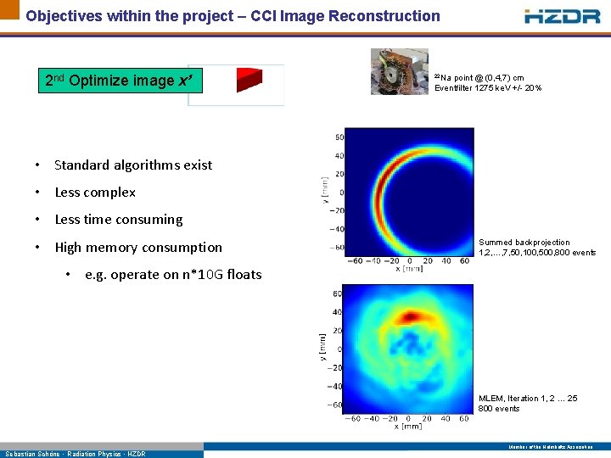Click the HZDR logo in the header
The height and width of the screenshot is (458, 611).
pyautogui.click(x=563, y=16)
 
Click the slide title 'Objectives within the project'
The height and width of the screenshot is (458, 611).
pyautogui.click(x=233, y=16)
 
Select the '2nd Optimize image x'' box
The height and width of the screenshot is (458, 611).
pyautogui.click(x=121, y=81)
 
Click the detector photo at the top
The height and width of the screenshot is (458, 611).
pyautogui.click(x=399, y=71)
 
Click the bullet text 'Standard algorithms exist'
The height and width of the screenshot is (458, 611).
pyautogui.click(x=133, y=165)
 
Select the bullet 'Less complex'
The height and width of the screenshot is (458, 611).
pyautogui.click(x=95, y=193)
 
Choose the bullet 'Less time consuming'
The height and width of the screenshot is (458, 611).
pyautogui.click(x=119, y=220)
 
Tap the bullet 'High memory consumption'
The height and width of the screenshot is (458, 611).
pyautogui.click(x=138, y=248)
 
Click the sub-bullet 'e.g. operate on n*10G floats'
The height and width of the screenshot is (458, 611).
pyautogui.click(x=173, y=275)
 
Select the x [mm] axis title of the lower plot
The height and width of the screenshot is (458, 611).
pyautogui.click(x=408, y=427)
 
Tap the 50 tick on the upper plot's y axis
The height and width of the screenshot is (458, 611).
pyautogui.click(x=339, y=137)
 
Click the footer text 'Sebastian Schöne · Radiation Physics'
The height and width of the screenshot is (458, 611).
pyautogui.click(x=76, y=454)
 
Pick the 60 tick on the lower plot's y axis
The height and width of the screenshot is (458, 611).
pyautogui.click(x=336, y=293)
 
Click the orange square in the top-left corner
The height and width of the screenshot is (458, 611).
pyautogui.click(x=9, y=9)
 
